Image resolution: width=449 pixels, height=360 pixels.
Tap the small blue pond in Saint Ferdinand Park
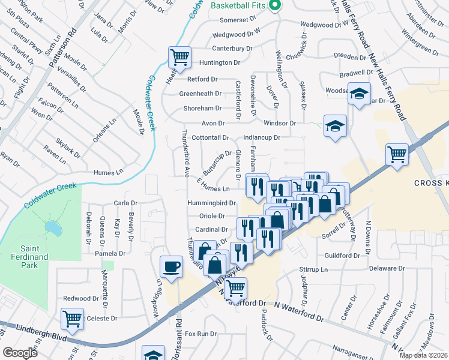tap(53, 228)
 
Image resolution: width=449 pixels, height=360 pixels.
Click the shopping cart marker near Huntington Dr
tap(179, 58)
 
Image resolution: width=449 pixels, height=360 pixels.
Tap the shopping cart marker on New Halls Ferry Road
tap(397, 154)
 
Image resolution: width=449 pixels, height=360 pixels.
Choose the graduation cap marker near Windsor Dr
tap(335, 126)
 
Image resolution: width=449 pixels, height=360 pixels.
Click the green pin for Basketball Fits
tap(276, 5)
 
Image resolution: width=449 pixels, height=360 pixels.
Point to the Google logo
tap(20, 353)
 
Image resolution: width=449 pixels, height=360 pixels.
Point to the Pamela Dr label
tap(110, 254)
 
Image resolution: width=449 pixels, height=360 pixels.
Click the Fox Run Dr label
tap(200, 334)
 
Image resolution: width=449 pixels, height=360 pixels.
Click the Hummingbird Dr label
tap(210, 203)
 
